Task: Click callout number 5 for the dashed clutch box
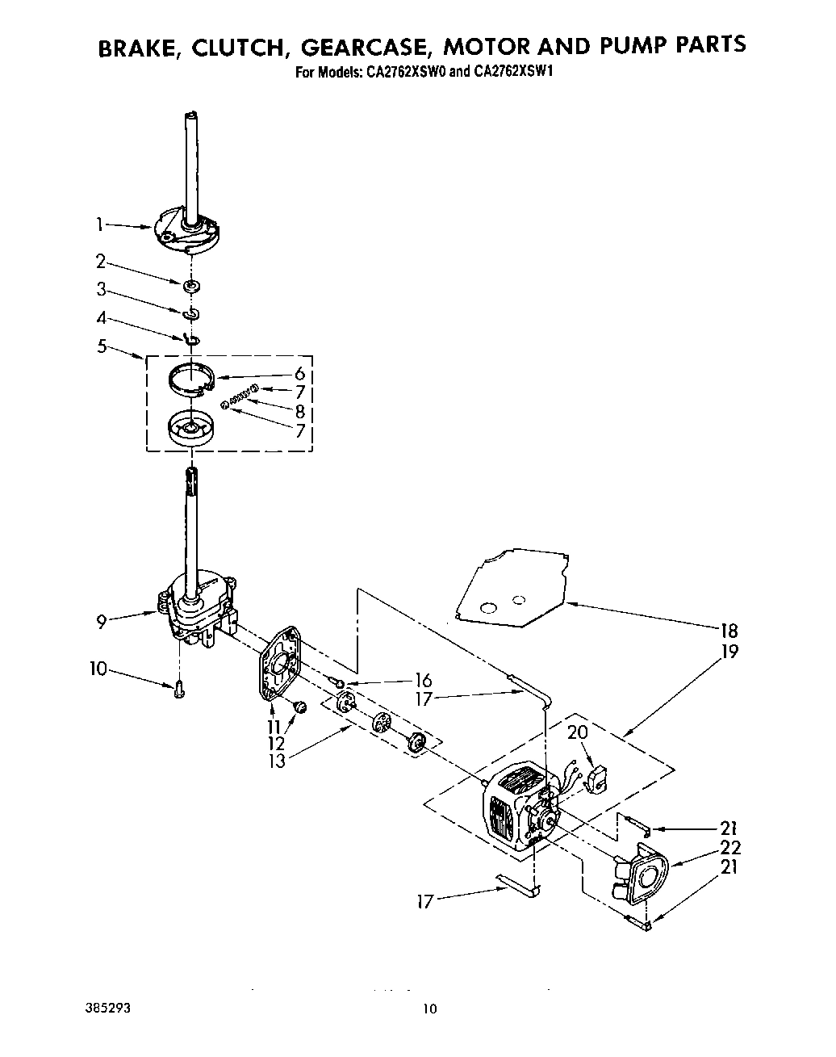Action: (x=101, y=346)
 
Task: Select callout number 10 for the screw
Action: (x=97, y=669)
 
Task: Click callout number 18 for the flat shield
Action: (x=729, y=631)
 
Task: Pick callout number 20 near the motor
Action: (x=578, y=732)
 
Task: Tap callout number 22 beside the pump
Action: (x=731, y=848)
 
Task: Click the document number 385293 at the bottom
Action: (x=101, y=1009)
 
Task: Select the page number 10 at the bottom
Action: (x=429, y=1009)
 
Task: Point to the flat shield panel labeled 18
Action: (x=508, y=589)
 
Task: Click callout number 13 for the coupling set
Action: (x=277, y=761)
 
